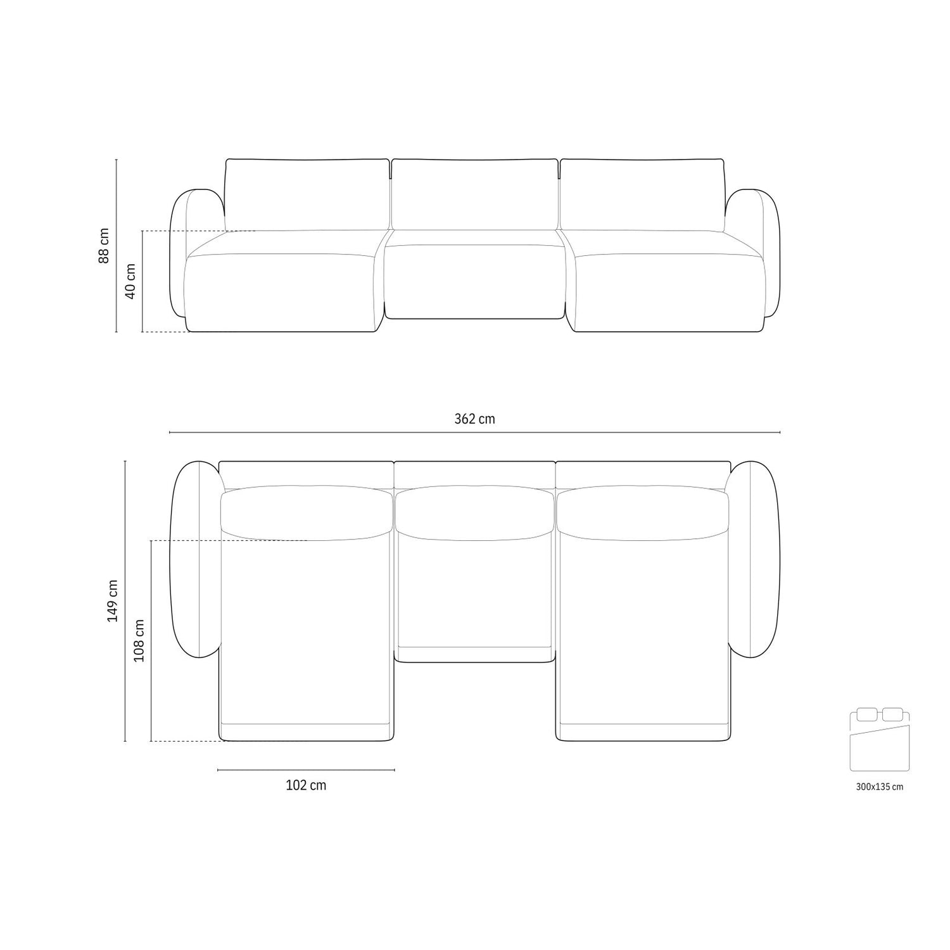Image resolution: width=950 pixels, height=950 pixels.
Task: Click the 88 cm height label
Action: [104, 245]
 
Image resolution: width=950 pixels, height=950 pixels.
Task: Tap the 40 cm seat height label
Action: [131, 282]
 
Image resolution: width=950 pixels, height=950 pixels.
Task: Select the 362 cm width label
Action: [474, 419]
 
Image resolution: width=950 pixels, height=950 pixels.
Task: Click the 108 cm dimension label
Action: [139, 640]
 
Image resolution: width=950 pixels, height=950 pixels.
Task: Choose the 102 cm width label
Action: [306, 785]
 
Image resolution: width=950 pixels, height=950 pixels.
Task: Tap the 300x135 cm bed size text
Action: [879, 787]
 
